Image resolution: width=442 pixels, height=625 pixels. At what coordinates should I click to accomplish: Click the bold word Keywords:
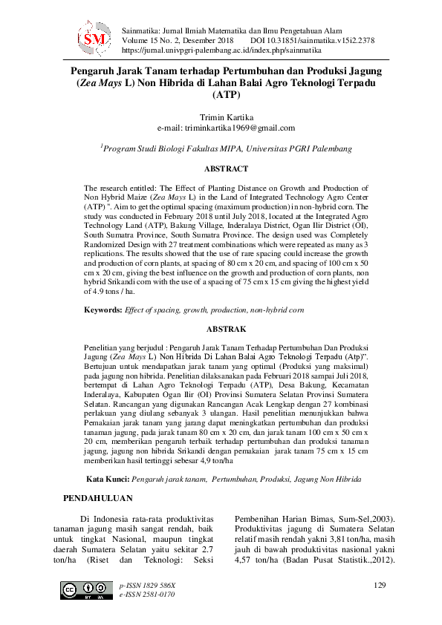point(103,307)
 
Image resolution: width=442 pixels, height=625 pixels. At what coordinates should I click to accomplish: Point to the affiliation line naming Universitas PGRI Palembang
point(226,148)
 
